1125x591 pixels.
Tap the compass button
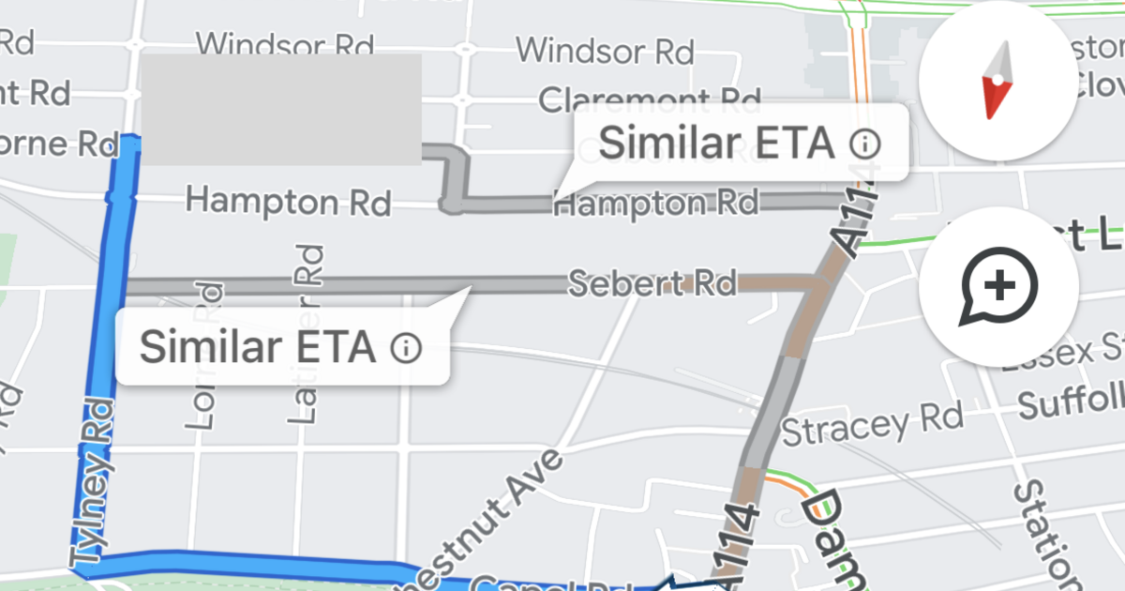click(x=999, y=81)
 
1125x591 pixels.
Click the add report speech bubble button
click(x=999, y=286)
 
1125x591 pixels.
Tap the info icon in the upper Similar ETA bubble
click(x=865, y=144)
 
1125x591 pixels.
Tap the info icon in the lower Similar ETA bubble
click(x=406, y=348)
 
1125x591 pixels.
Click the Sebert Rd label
click(x=652, y=282)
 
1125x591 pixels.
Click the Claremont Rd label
click(x=649, y=98)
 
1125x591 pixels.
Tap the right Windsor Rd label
click(x=605, y=49)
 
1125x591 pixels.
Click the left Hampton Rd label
click(x=288, y=201)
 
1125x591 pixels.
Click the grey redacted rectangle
click(x=279, y=109)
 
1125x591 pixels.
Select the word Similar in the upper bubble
click(x=667, y=144)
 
